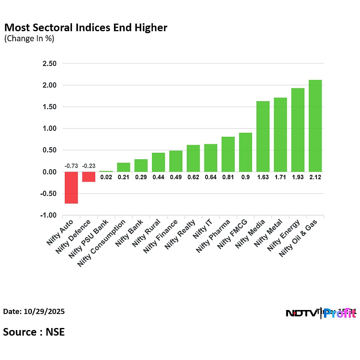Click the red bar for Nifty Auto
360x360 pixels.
pos(71,188)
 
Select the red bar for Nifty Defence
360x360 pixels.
pos(89,177)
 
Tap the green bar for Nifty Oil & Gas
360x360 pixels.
pos(315,126)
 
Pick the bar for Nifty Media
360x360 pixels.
pos(263,136)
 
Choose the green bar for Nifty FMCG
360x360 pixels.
pos(245,152)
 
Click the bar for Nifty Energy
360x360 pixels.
pos(298,130)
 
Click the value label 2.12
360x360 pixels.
pos(315,177)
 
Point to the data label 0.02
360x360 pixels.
pos(106,177)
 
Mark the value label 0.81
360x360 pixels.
pos(228,177)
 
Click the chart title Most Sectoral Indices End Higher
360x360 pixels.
pos(86,28)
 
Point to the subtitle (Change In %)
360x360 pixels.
pos(29,39)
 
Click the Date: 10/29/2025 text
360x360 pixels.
pos(34,311)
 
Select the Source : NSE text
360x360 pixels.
pos(34,332)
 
